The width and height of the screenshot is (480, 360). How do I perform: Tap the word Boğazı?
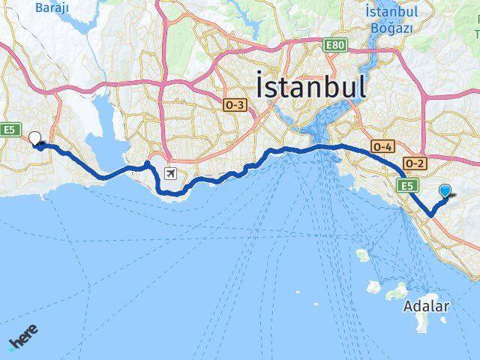click(x=391, y=28)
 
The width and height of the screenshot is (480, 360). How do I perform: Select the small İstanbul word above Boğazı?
click(x=391, y=13)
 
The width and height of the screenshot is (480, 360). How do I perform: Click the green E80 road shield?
click(x=335, y=46)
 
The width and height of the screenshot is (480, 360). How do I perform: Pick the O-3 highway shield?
click(x=233, y=106)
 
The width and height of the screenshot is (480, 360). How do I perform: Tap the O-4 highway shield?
click(x=382, y=147)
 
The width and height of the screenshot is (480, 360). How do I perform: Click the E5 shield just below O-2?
click(x=406, y=185)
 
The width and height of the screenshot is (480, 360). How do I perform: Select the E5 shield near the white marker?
click(x=9, y=130)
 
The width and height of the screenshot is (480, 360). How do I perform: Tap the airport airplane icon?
click(x=172, y=174)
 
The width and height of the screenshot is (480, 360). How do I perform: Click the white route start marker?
click(x=34, y=138)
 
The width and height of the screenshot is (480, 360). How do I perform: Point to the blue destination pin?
click(x=445, y=192)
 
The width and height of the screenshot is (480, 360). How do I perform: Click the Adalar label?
click(x=426, y=306)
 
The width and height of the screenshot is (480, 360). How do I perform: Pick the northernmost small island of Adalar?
click(x=363, y=255)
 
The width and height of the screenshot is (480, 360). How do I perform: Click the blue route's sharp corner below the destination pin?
click(x=431, y=215)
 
